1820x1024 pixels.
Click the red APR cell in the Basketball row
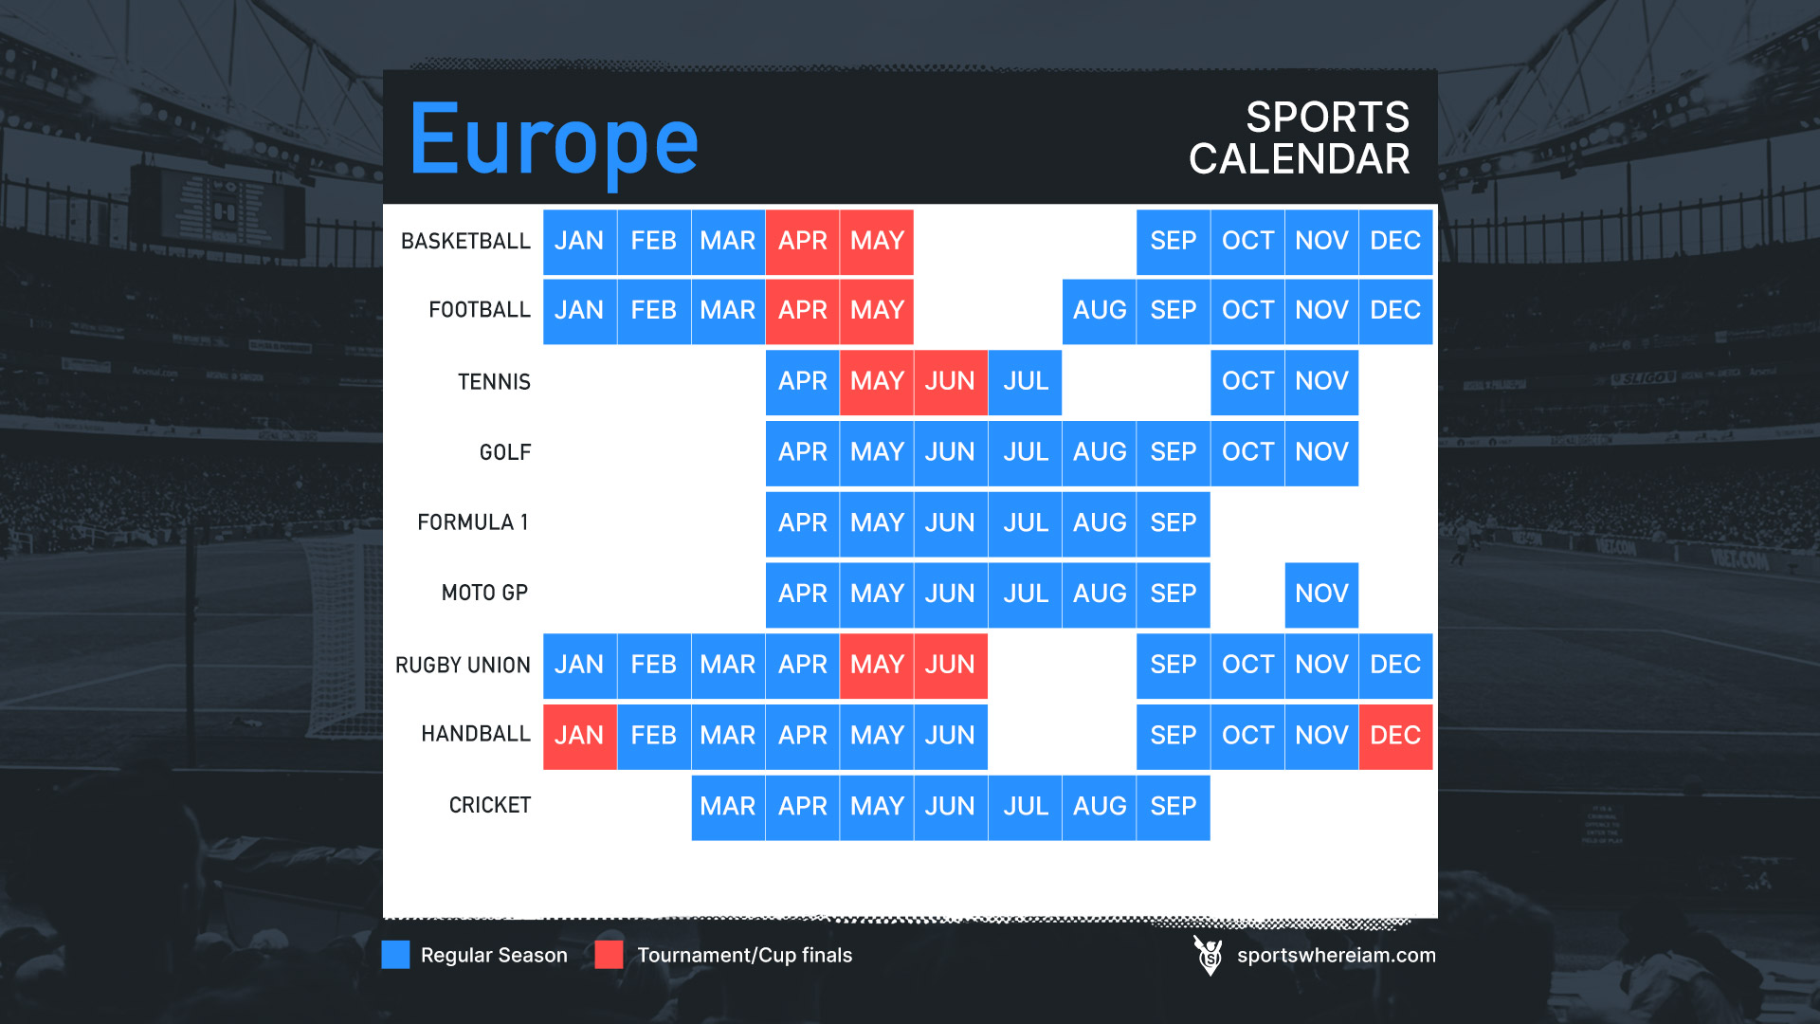[803, 242]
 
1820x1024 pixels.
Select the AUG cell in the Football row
[1100, 311]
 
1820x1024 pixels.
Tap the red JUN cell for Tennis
[951, 382]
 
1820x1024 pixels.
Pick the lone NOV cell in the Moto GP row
[1321, 594]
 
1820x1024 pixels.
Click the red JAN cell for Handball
[580, 737]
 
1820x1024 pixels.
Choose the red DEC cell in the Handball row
[1395, 737]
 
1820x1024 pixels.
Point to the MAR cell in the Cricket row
[728, 808]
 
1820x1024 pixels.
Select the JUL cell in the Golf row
[1026, 453]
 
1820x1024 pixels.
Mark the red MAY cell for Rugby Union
[877, 666]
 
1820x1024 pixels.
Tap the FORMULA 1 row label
[473, 522]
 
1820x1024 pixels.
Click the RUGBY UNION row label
[463, 666]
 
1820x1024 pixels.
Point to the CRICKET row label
[490, 805]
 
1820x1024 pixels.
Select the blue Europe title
[555, 142]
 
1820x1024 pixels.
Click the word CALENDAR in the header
[1300, 159]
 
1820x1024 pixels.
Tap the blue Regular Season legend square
[395, 955]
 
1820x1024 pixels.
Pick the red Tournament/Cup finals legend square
[609, 955]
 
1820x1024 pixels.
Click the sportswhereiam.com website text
[1337, 956]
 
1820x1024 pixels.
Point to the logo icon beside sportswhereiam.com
[1209, 956]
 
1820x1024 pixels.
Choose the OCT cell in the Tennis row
[1247, 382]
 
